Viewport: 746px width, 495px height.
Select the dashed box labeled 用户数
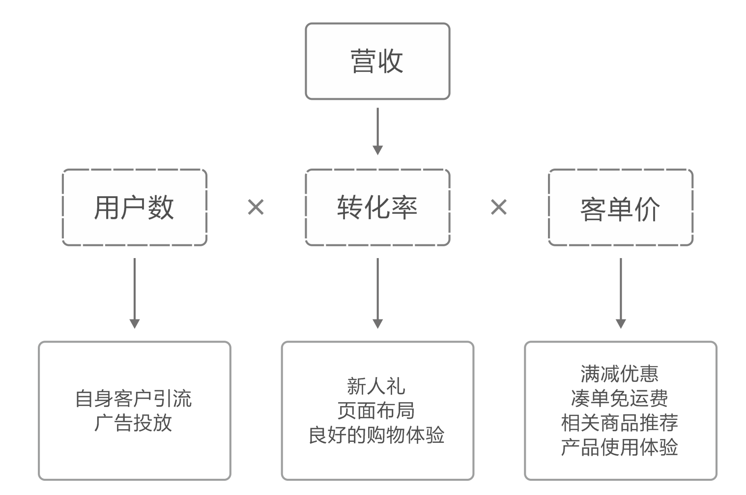(134, 207)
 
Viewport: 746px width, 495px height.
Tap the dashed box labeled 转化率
(377, 207)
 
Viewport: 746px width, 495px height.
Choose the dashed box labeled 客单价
(620, 207)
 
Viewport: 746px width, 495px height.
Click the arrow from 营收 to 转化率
(377, 131)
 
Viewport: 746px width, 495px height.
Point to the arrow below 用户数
(135, 293)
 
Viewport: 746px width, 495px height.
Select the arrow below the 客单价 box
(621, 293)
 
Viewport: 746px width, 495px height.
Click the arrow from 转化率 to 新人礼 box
(377, 293)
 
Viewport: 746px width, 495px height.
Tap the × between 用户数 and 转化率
(256, 207)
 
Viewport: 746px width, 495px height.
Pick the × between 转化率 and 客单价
(499, 207)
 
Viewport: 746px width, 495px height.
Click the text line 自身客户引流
(133, 398)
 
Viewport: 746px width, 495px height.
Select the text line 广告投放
(133, 423)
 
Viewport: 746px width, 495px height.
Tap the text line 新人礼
(376, 386)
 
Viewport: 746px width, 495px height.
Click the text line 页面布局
(376, 410)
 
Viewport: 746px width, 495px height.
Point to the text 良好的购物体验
(376, 435)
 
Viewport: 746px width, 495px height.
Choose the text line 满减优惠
(620, 374)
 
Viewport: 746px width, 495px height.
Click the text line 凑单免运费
(620, 398)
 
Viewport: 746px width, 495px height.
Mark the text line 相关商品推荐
(620, 423)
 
